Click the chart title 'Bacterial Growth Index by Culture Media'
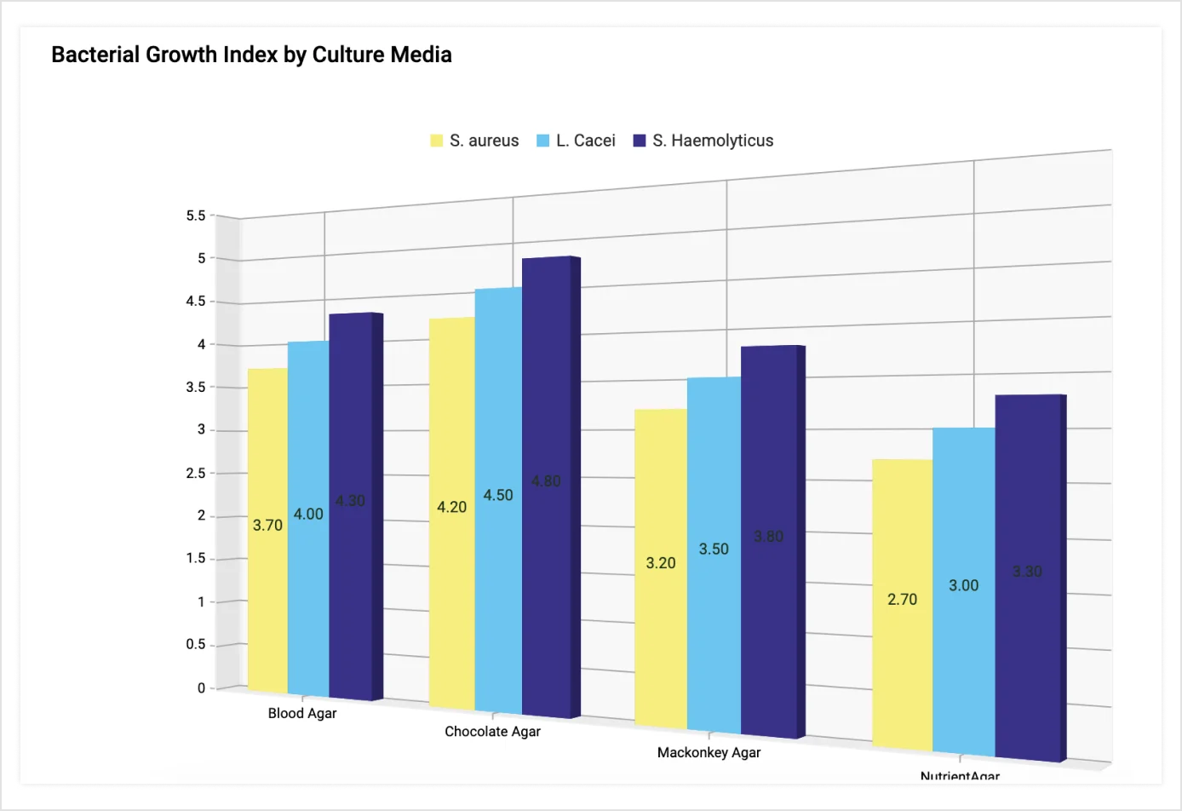(x=251, y=55)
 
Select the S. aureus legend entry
(x=474, y=141)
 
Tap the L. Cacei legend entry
(x=576, y=141)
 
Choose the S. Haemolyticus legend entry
(x=703, y=141)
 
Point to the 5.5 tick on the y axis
(x=196, y=216)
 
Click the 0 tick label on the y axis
(x=201, y=688)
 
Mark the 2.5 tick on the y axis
(x=196, y=474)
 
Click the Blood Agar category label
(x=302, y=713)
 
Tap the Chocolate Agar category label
(x=492, y=732)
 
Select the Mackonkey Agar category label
(x=709, y=753)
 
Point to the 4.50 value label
(x=498, y=495)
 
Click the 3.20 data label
(x=661, y=563)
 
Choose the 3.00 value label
(x=964, y=585)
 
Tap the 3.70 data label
(x=267, y=526)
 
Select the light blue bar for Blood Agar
(x=308, y=596)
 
